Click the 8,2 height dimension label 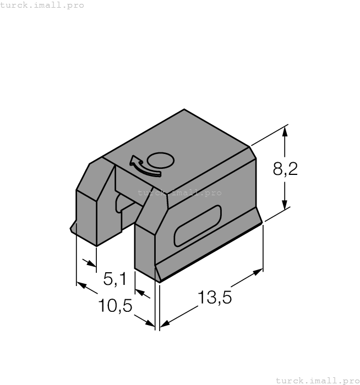pos(285,169)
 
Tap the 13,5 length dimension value pos(215,298)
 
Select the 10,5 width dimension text pos(115,305)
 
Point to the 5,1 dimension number pos(115,279)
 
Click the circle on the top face pos(161,161)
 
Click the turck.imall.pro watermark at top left pos(42,5)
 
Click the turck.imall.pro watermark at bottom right pos(317,380)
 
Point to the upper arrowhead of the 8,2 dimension pos(285,132)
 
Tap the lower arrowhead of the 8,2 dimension pos(285,205)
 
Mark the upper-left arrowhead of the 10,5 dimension pos(81,285)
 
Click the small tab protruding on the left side pos(73,228)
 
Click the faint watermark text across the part pos(179,193)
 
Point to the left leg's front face pos(86,217)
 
